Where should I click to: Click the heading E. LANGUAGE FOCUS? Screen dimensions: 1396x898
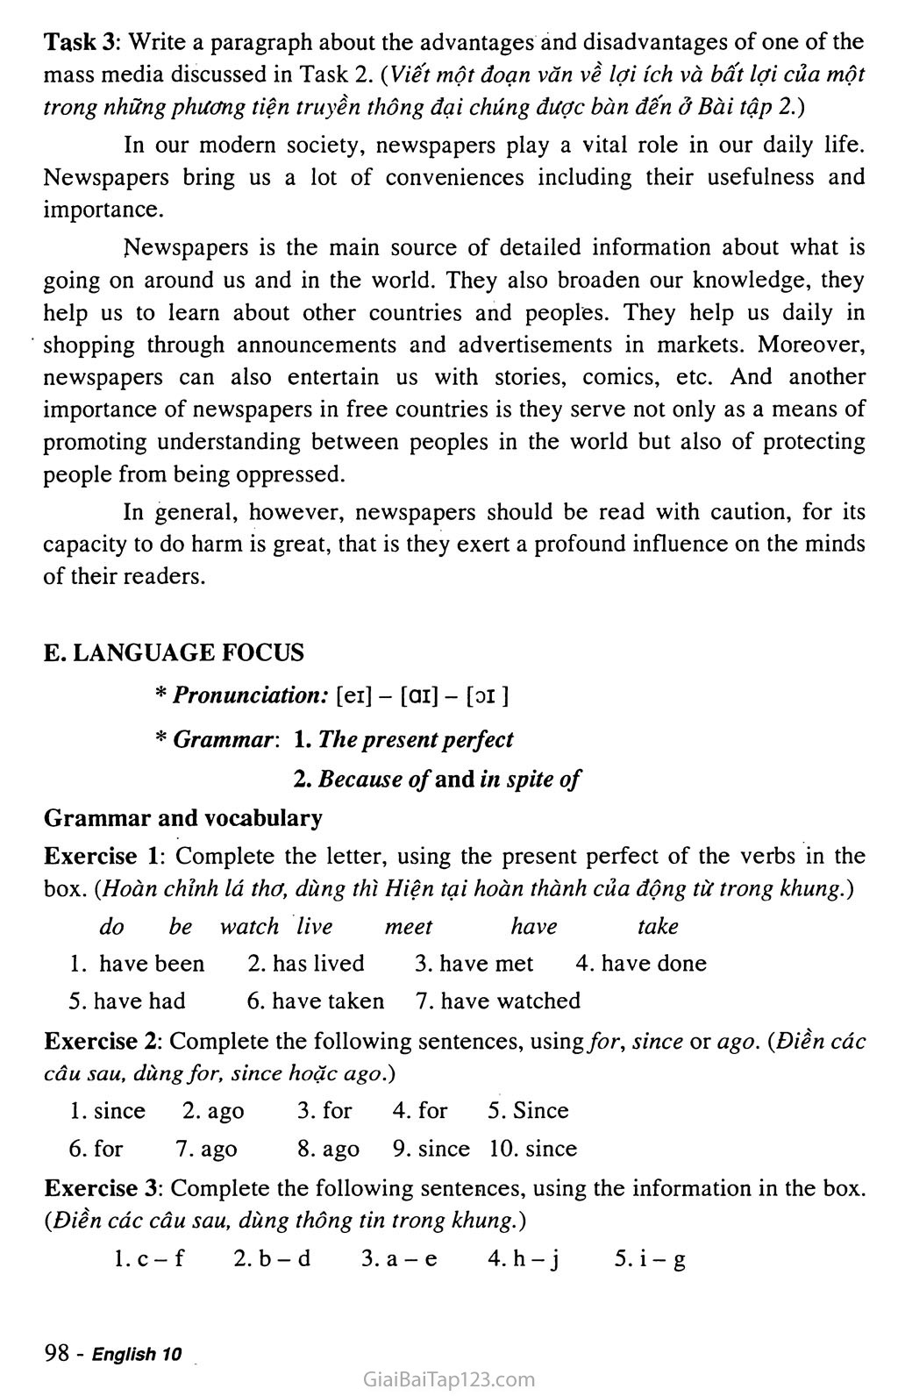click(174, 652)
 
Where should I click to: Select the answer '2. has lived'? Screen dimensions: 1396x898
click(305, 964)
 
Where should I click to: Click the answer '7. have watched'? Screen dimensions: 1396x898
click(498, 1001)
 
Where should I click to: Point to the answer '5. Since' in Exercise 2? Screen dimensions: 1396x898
click(528, 1111)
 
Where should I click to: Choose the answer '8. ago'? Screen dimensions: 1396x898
click(328, 1149)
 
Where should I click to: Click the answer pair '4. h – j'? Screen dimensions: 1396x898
click(524, 1259)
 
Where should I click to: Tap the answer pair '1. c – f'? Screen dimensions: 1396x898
click(149, 1259)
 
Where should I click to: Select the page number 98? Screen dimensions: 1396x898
click(56, 1353)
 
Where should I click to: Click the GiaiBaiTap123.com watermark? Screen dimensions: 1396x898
click(448, 1379)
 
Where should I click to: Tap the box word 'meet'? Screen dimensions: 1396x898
click(409, 927)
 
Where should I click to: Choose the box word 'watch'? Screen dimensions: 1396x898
click(249, 927)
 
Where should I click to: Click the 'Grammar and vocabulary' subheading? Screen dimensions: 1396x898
click(182, 818)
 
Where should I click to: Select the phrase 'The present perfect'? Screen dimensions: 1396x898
click(416, 739)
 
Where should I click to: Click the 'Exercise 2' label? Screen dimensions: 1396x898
click(101, 1042)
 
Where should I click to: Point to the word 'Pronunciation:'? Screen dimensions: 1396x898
click(251, 696)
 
